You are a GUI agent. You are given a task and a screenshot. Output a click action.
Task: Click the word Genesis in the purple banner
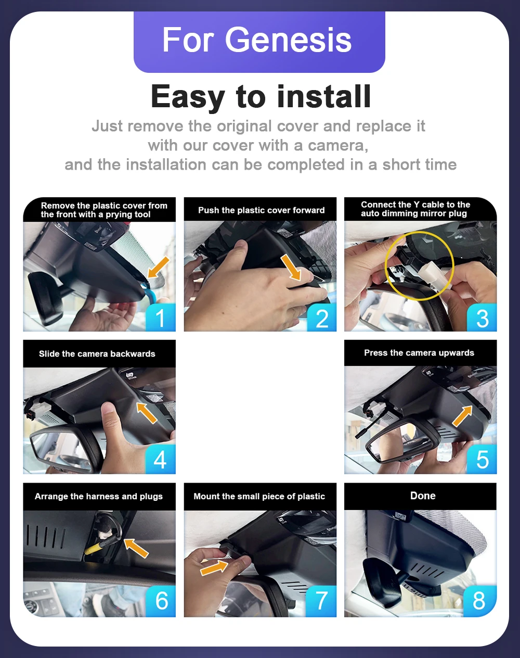point(288,40)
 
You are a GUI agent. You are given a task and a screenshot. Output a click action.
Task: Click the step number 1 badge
point(160,318)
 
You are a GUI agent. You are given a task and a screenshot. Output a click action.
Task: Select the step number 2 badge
point(321,318)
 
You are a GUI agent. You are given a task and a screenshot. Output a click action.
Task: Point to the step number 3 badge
point(482,318)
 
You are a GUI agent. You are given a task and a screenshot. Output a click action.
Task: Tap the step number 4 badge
point(160,459)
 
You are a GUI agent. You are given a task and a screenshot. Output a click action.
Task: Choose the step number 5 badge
point(482,459)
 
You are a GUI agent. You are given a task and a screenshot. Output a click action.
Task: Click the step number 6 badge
point(161,601)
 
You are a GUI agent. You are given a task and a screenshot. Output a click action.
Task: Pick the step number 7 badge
point(321,601)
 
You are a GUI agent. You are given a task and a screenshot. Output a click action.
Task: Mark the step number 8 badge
point(479,601)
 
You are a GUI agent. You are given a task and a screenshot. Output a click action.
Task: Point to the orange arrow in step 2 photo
point(291,268)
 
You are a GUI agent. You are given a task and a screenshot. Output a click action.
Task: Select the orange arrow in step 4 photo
point(147,413)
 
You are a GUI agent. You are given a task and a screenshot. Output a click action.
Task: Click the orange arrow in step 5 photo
point(462,416)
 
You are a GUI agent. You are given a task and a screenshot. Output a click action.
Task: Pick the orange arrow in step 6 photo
point(136,548)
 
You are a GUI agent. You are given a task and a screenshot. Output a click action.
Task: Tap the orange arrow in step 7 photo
point(214,567)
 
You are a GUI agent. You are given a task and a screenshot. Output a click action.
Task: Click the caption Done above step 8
point(423,496)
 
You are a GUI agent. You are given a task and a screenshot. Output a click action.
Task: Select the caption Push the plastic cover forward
point(261,210)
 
